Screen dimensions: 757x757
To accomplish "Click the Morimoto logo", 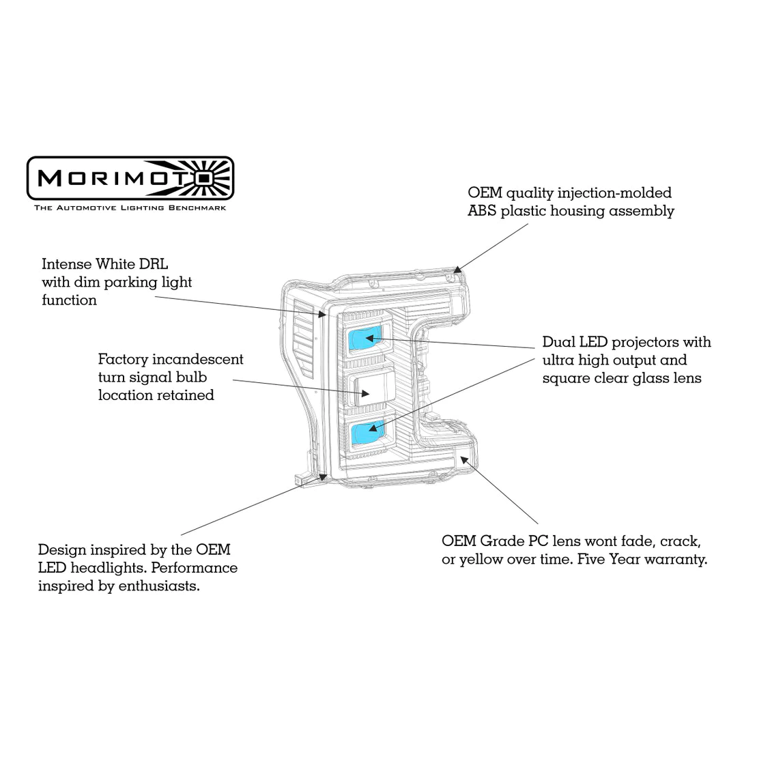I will (x=130, y=177).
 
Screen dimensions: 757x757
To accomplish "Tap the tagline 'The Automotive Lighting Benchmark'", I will (x=130, y=208).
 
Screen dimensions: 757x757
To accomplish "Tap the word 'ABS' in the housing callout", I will (x=482, y=211).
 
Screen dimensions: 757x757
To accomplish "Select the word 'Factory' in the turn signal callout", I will (x=123, y=359).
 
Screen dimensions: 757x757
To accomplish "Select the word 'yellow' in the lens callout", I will (x=481, y=560).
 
